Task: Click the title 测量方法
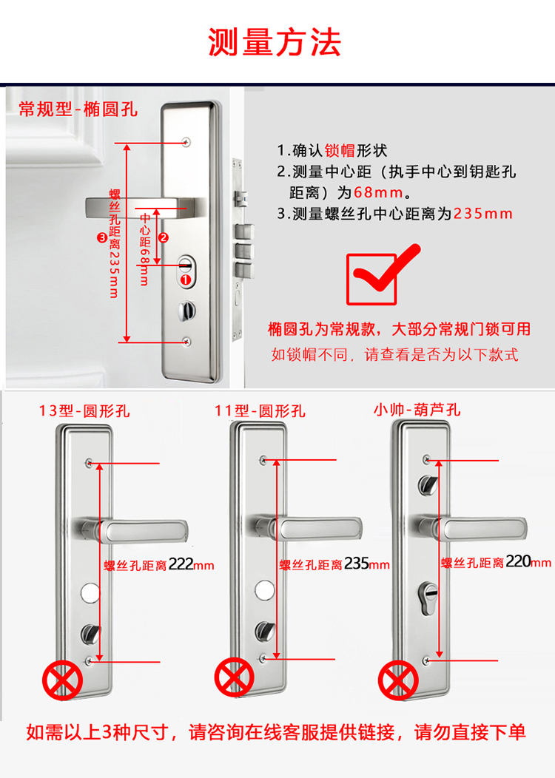tap(275, 42)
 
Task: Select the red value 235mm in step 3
tap(482, 214)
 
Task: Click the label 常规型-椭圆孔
tap(78, 109)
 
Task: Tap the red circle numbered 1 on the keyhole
tap(186, 280)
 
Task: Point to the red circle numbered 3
tap(102, 237)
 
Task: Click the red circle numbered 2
tap(164, 237)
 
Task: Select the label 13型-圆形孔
tap(84, 411)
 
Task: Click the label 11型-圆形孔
tap(260, 411)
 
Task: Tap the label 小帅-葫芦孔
tap(417, 410)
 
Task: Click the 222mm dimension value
tap(191, 565)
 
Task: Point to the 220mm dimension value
tap(528, 561)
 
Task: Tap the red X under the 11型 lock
tap(235, 677)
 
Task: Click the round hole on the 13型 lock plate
tap(91, 593)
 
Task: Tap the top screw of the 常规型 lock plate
tap(186, 142)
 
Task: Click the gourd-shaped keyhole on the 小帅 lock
tap(429, 598)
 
